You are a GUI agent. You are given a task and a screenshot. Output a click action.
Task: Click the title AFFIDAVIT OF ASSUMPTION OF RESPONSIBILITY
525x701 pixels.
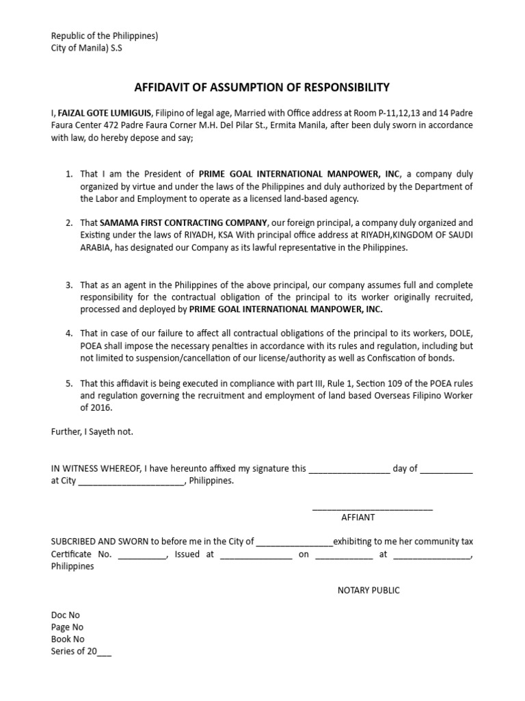click(x=262, y=87)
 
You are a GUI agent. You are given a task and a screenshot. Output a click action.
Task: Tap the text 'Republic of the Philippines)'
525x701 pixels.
click(x=105, y=36)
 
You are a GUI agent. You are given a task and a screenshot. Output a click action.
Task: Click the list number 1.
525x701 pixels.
click(x=69, y=175)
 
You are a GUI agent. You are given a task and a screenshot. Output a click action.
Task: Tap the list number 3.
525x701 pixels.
click(x=69, y=285)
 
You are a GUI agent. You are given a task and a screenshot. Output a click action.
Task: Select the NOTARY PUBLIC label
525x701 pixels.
click(x=368, y=590)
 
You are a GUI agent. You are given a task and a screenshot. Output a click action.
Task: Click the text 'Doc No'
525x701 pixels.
click(x=66, y=615)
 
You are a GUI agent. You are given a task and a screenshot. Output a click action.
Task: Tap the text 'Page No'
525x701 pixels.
click(x=67, y=627)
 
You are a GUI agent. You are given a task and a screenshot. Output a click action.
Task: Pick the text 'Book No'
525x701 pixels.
click(x=68, y=639)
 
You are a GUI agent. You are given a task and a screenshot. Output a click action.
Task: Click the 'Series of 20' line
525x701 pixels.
click(x=81, y=652)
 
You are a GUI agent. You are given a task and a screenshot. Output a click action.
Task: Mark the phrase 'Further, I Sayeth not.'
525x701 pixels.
click(x=92, y=431)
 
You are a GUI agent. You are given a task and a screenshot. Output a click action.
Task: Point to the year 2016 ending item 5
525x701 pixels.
click(x=101, y=408)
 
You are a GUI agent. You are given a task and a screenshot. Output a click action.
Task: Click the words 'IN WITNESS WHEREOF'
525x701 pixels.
click(x=95, y=468)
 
